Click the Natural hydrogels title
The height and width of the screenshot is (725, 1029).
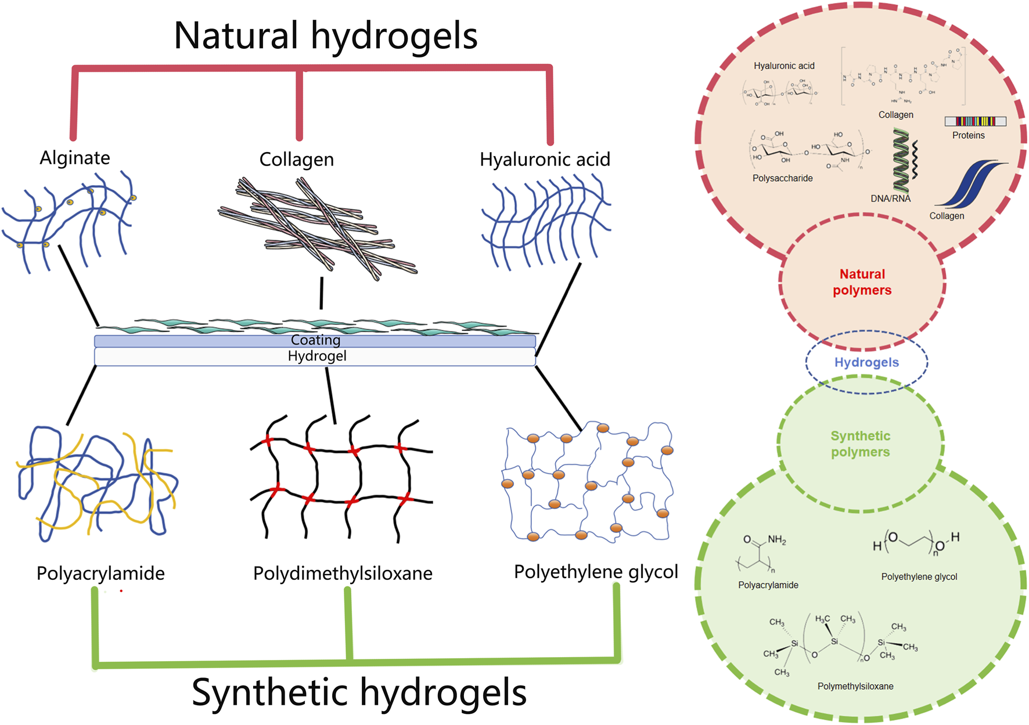pos(325,36)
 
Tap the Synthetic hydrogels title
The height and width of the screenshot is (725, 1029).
pos(359,692)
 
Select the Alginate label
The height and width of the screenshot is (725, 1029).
pos(75,158)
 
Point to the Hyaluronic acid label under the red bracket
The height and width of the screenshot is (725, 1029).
pos(545,159)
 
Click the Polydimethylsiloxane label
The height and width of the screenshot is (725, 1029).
pos(343,573)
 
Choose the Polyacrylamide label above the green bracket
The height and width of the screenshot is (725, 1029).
pos(100,573)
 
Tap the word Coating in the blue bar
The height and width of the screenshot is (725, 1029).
pos(315,340)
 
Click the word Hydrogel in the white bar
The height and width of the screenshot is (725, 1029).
pos(317,356)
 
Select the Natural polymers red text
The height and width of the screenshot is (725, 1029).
pos(862,282)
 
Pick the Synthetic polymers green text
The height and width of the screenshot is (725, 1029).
pos(860,444)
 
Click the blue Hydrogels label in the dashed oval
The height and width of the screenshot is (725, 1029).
pos(866,362)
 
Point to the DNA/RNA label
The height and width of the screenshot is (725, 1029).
pos(890,199)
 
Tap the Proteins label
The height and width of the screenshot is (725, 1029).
pos(968,135)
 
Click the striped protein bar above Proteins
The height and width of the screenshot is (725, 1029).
pos(975,121)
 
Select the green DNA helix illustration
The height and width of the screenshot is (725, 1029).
pos(901,161)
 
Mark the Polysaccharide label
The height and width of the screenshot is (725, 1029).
pos(782,178)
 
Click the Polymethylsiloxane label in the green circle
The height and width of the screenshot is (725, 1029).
pos(855,686)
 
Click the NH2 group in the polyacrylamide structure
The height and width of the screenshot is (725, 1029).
pos(776,540)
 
